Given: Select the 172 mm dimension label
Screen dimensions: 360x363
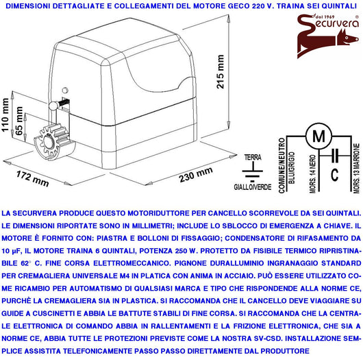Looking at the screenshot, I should point(33,174).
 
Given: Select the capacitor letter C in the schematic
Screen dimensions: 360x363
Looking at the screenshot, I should point(334,174).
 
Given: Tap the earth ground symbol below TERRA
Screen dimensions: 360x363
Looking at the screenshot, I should point(253,170).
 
